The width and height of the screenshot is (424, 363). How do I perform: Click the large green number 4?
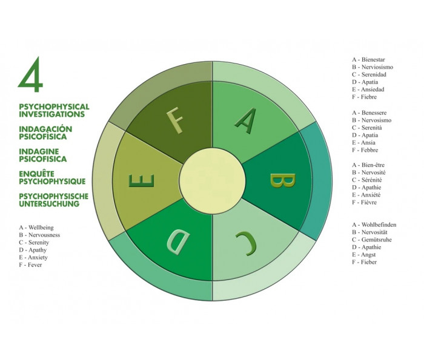point(31,75)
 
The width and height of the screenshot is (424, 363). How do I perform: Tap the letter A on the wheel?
point(246,121)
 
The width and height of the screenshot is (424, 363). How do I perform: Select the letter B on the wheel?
point(282,180)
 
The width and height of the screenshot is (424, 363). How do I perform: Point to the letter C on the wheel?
point(246,243)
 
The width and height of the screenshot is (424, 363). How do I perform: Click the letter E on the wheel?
point(141,180)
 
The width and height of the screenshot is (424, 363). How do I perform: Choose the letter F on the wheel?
point(175,120)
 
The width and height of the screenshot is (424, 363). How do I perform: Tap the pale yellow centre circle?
point(212,181)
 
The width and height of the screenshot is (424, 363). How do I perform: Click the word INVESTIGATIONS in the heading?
point(51,114)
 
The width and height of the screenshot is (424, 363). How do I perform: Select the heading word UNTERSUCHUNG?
point(49,204)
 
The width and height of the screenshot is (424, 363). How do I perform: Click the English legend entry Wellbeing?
point(41,227)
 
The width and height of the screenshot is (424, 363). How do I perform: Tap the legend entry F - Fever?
point(30,265)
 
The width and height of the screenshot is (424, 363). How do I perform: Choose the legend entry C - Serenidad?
point(369,74)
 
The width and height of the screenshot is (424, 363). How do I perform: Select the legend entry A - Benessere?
point(369,113)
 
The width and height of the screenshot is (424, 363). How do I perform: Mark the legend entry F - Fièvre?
point(364,202)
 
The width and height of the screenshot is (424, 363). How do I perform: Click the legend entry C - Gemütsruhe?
point(372,240)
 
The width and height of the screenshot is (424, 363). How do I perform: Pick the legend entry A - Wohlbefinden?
point(374,224)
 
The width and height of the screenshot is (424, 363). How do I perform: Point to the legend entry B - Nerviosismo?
point(373,67)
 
